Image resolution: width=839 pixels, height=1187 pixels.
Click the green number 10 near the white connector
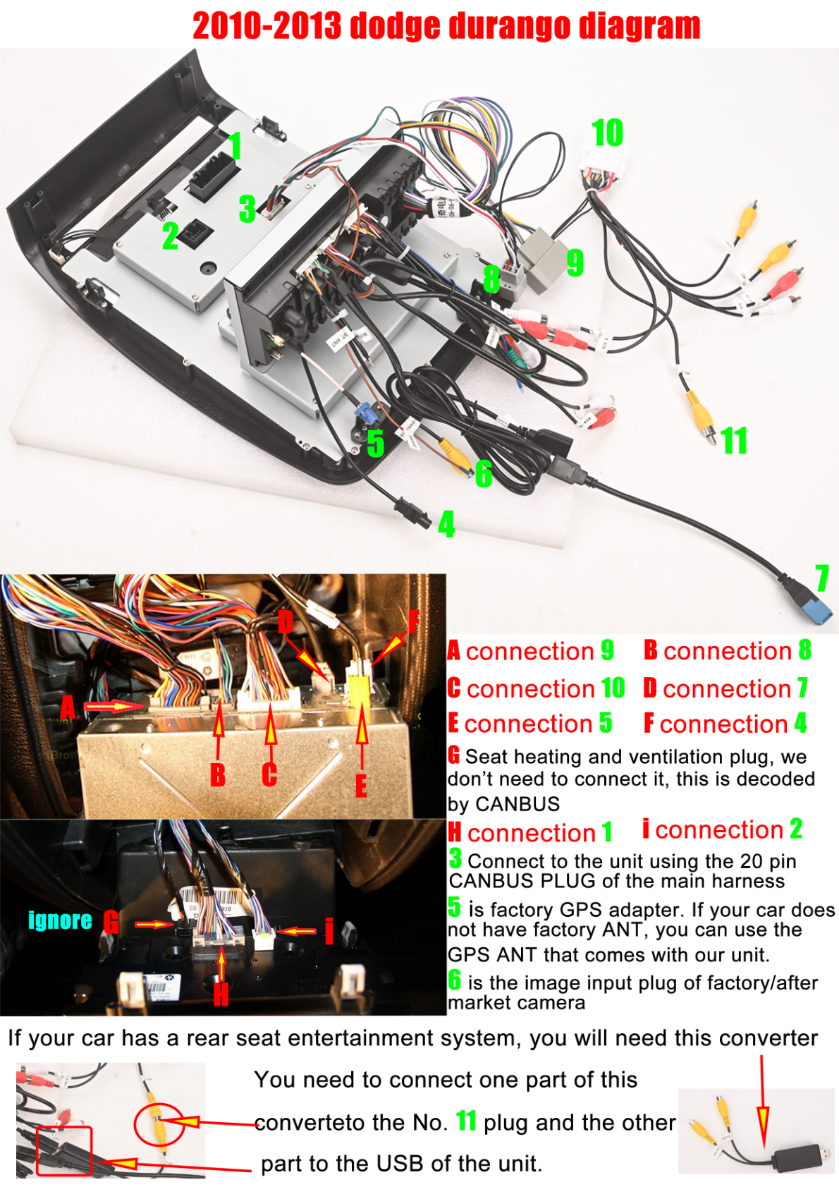click(607, 133)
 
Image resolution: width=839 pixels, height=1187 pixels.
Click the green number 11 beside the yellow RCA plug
click(734, 441)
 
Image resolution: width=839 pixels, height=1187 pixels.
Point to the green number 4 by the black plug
click(446, 525)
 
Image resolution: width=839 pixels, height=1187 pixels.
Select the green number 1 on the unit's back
click(235, 146)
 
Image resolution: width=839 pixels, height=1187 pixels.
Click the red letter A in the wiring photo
click(68, 707)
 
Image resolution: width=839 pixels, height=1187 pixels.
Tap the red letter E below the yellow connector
click(361, 785)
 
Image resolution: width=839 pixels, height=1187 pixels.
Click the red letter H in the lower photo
click(221, 994)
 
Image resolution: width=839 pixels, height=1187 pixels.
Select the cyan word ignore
click(60, 920)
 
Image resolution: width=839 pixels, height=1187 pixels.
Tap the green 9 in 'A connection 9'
click(607, 650)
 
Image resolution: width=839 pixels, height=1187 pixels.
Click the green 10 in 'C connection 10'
click(613, 688)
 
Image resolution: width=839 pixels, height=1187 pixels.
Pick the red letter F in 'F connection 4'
click(649, 724)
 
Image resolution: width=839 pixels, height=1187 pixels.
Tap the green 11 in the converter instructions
click(466, 1121)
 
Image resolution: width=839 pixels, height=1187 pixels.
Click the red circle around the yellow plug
click(159, 1124)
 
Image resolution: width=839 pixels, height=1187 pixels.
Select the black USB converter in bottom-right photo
click(800, 1157)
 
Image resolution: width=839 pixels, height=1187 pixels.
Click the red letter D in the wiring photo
click(285, 621)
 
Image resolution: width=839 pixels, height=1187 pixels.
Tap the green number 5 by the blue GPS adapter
click(375, 444)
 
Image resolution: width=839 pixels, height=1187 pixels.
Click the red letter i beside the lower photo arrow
click(329, 931)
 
